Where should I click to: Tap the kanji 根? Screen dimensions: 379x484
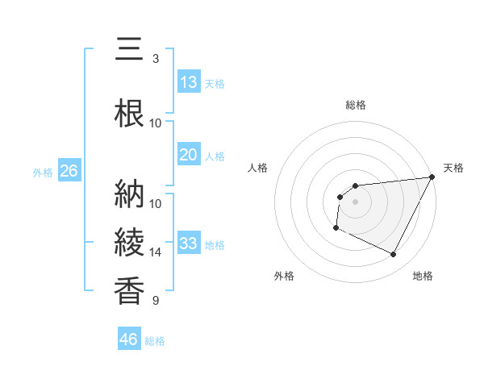(x=129, y=114)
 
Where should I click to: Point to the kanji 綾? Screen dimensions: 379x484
(x=129, y=243)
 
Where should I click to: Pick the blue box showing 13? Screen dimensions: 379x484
(x=189, y=82)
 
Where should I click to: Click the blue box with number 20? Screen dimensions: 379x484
(x=189, y=155)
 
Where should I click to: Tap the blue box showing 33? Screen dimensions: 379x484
(x=189, y=244)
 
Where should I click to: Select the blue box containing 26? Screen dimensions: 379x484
(x=69, y=171)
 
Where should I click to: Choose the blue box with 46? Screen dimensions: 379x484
(x=129, y=339)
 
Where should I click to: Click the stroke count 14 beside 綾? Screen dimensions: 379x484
(x=156, y=252)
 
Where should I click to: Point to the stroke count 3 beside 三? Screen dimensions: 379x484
(x=156, y=59)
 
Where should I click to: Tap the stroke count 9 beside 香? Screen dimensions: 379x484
(x=156, y=301)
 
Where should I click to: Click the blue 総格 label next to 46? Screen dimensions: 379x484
(x=155, y=341)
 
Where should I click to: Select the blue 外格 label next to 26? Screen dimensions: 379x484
(x=43, y=172)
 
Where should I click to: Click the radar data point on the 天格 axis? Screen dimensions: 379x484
(x=432, y=177)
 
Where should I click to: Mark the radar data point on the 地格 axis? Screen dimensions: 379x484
(x=394, y=255)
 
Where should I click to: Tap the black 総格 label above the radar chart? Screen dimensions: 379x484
(x=356, y=105)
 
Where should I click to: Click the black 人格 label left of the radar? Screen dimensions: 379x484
(x=258, y=168)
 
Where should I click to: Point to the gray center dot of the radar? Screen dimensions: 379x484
(x=355, y=202)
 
